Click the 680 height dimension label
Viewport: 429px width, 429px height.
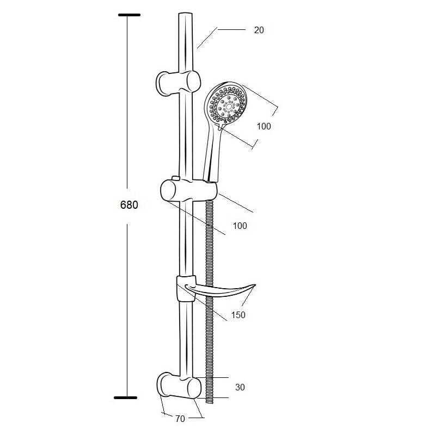click(129, 205)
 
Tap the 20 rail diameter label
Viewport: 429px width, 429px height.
click(259, 30)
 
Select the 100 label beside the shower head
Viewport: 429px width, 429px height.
click(263, 126)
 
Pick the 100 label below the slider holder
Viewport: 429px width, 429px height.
click(240, 226)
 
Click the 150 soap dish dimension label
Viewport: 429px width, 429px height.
click(238, 315)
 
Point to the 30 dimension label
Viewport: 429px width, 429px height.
click(240, 387)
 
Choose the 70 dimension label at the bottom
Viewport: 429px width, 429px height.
click(180, 419)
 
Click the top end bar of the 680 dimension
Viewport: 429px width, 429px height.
click(130, 15)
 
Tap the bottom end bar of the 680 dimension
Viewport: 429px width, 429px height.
click(125, 397)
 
